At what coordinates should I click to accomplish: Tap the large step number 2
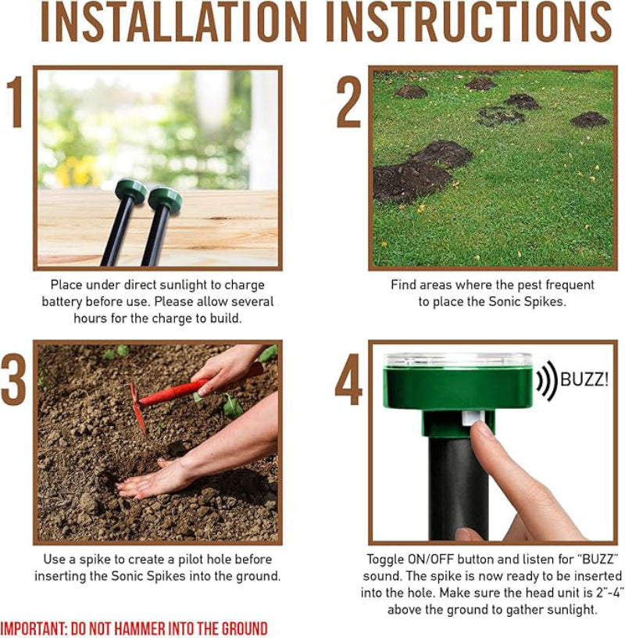pos(349,102)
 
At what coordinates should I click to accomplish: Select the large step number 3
pos(13,379)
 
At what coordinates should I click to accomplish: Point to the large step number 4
pos(348,379)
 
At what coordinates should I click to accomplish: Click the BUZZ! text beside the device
pos(584,380)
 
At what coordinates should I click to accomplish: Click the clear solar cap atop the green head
pos(458,360)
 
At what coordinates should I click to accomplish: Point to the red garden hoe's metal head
pos(137,407)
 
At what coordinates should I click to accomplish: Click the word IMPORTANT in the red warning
pos(34,629)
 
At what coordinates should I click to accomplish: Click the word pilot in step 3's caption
pos(191,560)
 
